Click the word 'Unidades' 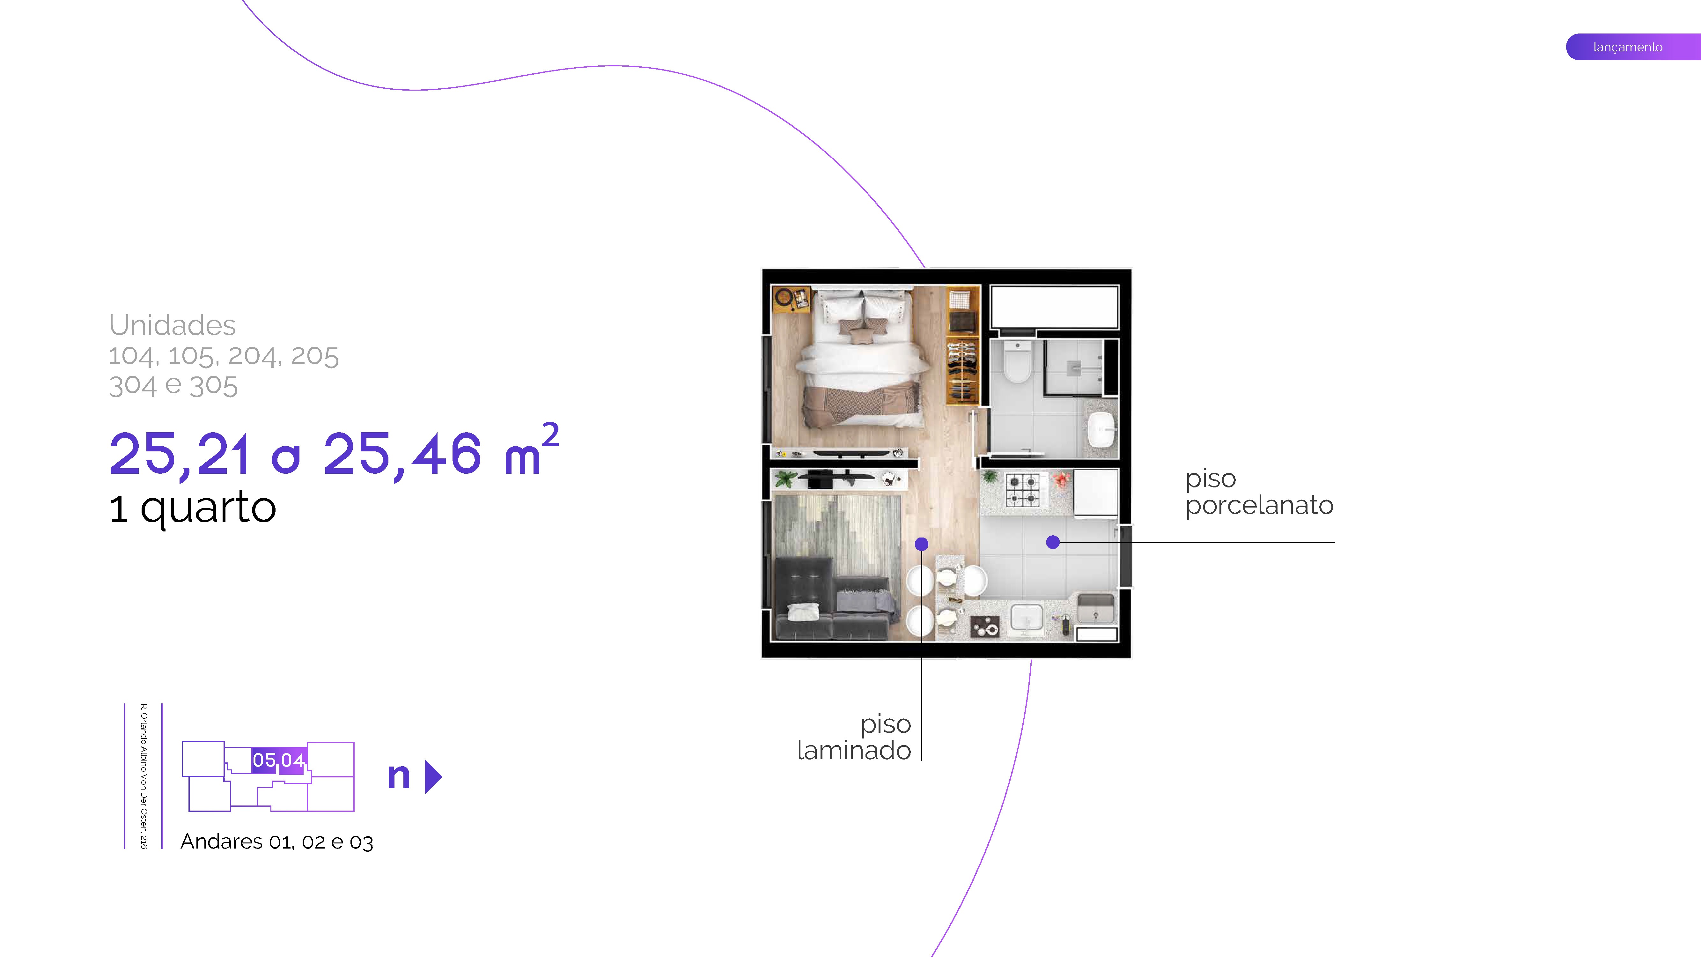pos(172,325)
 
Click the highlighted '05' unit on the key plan pos(264,760)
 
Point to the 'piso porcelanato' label pos(1259,492)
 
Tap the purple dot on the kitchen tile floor pos(1053,542)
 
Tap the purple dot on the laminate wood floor pos(921,544)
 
